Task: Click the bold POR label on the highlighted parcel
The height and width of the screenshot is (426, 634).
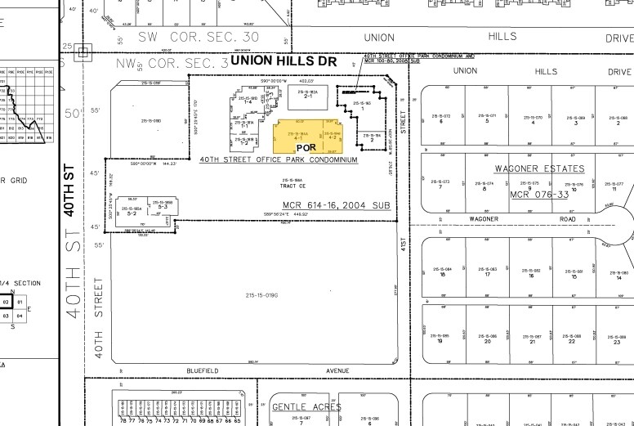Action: point(306,147)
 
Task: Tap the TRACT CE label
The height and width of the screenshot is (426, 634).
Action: point(292,186)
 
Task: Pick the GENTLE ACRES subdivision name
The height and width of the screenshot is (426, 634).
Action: point(306,406)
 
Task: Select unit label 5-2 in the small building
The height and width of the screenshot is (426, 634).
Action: point(131,213)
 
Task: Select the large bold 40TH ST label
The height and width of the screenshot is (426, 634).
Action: point(70,188)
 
